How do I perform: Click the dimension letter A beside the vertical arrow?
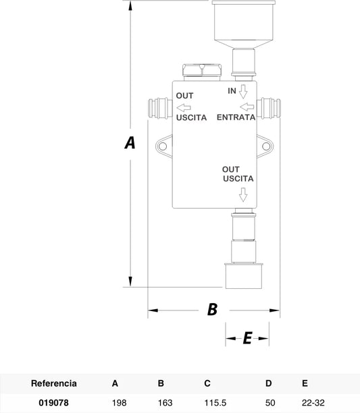coord(130,143)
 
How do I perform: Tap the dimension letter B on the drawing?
coord(212,310)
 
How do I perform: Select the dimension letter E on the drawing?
coord(247,338)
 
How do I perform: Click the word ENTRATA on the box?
coord(236,117)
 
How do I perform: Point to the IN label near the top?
coord(232,91)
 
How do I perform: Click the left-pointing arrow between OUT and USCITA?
coord(184,107)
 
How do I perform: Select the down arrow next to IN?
coord(243,92)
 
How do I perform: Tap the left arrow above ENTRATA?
coord(247,107)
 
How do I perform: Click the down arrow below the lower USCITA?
coord(243,195)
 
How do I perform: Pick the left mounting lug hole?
coord(163,146)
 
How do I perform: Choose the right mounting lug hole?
coord(266,146)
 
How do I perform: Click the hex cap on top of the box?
coord(202,72)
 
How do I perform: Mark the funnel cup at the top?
coord(244,24)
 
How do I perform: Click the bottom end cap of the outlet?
coord(244,276)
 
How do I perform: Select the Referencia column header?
coord(54,383)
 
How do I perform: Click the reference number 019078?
coord(53,403)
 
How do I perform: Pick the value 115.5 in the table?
coord(215,403)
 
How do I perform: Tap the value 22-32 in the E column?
coord(313,403)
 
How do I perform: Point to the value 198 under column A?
coord(119,403)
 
